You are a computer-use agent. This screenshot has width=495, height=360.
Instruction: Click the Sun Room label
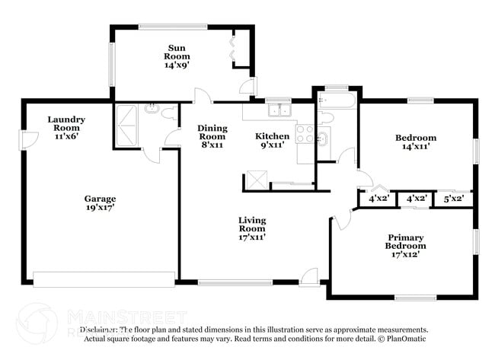tap(178, 56)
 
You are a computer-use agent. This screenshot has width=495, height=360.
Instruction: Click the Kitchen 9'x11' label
tap(271, 141)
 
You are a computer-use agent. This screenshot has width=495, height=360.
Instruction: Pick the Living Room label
tap(252, 228)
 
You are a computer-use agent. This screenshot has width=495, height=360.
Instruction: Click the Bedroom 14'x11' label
tap(415, 142)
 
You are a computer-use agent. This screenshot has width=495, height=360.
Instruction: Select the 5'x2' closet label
tap(454, 199)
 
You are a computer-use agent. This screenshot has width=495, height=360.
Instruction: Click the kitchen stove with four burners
tap(305, 135)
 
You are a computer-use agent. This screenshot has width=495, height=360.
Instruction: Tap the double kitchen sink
tap(279, 110)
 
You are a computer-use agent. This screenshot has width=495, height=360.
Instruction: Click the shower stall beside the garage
tap(126, 126)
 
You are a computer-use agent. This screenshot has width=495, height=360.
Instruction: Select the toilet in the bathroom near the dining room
tap(168, 114)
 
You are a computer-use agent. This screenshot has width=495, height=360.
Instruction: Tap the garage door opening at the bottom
tap(104, 279)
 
